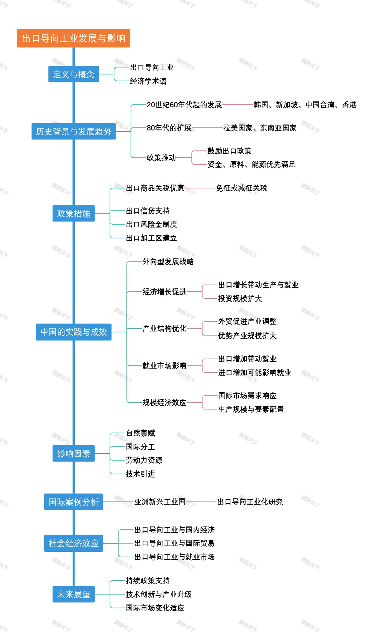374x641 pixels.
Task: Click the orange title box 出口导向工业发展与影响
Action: [74, 38]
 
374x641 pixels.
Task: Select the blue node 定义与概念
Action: [74, 74]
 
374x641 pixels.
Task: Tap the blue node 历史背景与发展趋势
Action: [74, 131]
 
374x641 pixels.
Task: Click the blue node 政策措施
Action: [74, 213]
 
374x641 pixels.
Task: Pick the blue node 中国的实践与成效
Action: [74, 332]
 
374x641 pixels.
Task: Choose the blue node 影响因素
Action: [74, 453]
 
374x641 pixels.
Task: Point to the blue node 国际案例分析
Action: [74, 502]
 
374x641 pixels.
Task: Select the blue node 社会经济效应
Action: [74, 543]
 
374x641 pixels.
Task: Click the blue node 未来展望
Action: [74, 594]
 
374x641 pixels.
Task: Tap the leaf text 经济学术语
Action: [148, 81]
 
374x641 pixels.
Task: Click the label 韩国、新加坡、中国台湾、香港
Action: [305, 105]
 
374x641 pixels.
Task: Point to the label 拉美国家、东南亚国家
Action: [260, 128]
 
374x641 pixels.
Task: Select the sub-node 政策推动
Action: [161, 158]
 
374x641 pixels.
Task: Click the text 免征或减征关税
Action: [242, 188]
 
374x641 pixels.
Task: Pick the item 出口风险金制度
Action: [151, 224]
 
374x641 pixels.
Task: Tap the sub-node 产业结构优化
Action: [164, 328]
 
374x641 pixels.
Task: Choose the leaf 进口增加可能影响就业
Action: [255, 373]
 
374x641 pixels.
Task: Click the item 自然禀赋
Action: [140, 433]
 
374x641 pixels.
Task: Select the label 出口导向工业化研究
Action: [250, 502]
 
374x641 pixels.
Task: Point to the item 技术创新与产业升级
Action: [159, 595]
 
